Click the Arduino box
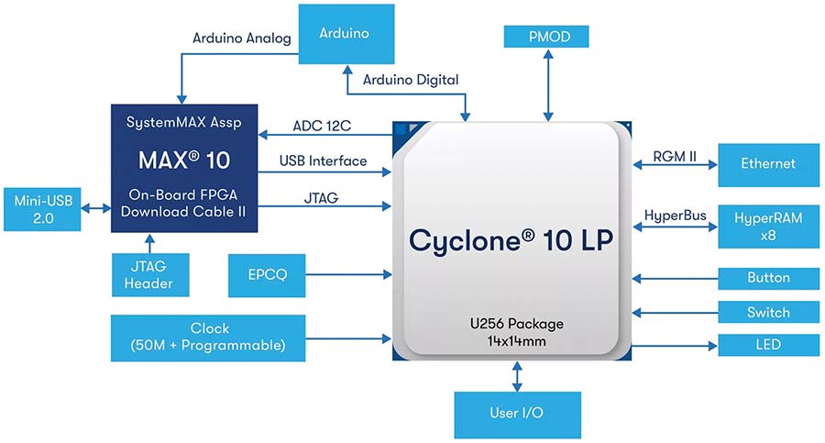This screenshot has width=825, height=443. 346,34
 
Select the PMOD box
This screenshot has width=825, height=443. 546,37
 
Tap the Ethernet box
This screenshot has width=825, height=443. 769,165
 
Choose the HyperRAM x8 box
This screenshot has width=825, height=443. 769,227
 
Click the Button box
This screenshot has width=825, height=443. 769,278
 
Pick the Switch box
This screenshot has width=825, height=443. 769,313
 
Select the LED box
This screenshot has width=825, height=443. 769,345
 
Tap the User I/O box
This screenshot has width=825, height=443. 518,415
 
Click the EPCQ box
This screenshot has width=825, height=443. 267,275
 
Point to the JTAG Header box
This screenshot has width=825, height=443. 150,274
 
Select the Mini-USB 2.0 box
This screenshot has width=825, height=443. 42,209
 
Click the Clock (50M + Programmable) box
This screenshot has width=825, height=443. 208,338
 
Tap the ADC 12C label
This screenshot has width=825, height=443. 322,126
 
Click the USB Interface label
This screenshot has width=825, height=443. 323,161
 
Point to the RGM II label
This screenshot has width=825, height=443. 675,157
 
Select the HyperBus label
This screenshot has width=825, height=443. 675,216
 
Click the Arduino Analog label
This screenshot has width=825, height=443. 241,38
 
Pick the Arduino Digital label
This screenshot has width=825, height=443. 411,80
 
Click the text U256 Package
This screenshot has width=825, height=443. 517,324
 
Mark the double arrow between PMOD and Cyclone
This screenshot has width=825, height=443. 548,85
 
